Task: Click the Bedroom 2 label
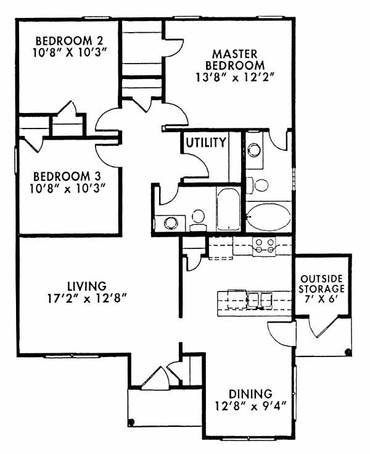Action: (x=69, y=40)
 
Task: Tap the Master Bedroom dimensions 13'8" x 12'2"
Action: (x=235, y=78)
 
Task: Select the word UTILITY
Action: (x=206, y=143)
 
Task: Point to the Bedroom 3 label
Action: (x=67, y=176)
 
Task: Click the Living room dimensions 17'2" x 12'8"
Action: (x=87, y=298)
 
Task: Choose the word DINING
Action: (x=250, y=394)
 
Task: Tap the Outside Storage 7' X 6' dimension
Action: (x=321, y=299)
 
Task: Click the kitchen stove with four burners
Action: (x=264, y=246)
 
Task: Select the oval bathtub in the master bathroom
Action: (x=269, y=217)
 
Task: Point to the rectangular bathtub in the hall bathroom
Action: (x=228, y=209)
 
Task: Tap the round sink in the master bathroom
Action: (x=254, y=150)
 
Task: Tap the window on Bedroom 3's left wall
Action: (x=16, y=161)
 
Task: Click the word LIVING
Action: (x=87, y=286)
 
